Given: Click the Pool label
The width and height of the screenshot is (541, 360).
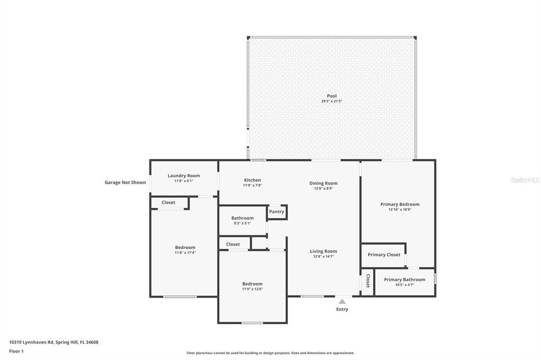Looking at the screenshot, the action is point(332,96).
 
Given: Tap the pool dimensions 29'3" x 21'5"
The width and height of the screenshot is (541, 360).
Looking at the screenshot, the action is point(332,101).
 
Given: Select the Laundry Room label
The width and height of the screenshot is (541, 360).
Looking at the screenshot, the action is point(183,176).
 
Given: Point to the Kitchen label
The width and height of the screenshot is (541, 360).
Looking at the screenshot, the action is point(252,180).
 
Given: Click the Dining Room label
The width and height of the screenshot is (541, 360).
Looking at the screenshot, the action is point(323,183).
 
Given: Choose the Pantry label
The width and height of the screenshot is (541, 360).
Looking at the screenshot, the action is point(276,212).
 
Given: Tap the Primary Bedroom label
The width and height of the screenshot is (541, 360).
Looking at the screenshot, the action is point(400,204).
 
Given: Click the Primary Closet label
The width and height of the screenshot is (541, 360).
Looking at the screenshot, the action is point(384,254).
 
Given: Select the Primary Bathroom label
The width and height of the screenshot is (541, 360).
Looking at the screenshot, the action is point(404,279).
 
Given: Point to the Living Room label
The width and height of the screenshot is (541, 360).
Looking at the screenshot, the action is point(323,251).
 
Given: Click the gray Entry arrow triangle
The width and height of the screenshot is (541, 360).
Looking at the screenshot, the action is point(342,301).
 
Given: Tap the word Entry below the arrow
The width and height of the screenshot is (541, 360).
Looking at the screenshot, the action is point(342,309).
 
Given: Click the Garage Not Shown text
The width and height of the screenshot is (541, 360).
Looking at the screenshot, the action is point(125,183).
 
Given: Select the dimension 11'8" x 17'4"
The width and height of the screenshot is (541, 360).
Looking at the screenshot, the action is point(185,253).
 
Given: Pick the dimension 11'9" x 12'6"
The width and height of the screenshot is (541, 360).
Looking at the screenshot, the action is point(252,289).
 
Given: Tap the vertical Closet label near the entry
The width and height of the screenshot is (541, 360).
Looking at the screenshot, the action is point(368,281).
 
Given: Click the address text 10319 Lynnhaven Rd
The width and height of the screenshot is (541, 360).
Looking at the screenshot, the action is point(31,343).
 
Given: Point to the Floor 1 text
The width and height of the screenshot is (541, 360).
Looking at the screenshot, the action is point(16,352).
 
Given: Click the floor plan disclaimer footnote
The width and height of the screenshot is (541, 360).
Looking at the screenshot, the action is point(270,353).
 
